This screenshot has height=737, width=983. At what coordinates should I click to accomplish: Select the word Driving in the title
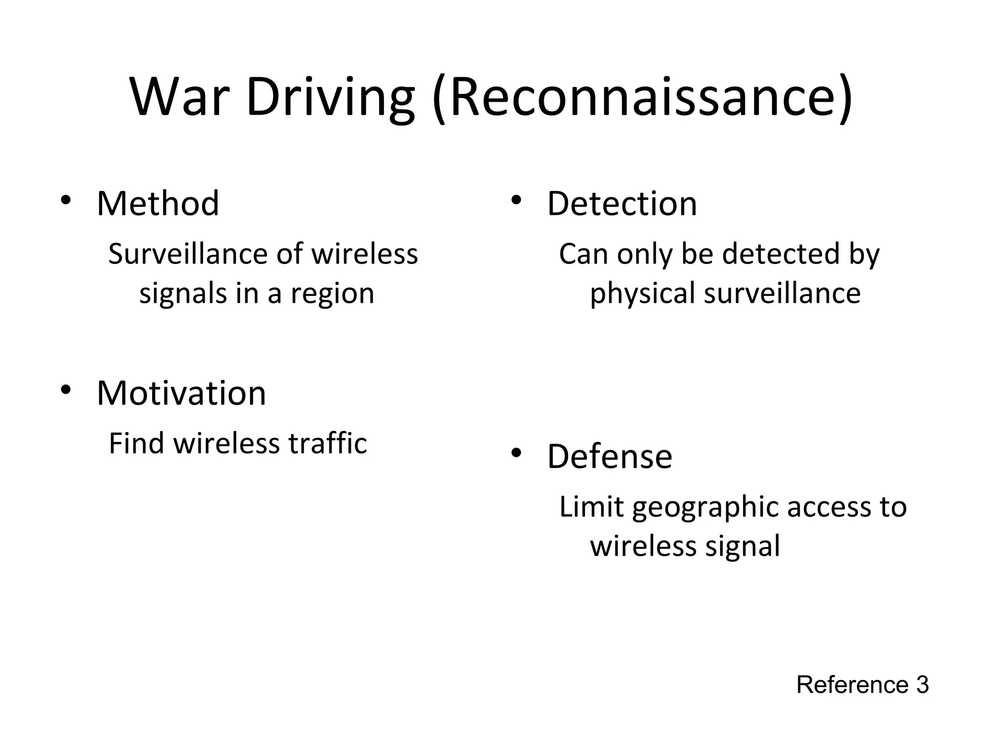(330, 98)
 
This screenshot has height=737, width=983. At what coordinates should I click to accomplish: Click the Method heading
(158, 203)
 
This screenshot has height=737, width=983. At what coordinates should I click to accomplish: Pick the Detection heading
(622, 203)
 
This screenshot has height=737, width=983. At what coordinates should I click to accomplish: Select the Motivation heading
(181, 393)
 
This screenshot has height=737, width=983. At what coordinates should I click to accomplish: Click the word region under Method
(332, 294)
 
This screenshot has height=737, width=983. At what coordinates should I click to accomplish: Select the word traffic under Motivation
(327, 443)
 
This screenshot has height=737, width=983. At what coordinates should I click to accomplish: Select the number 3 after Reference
(923, 685)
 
